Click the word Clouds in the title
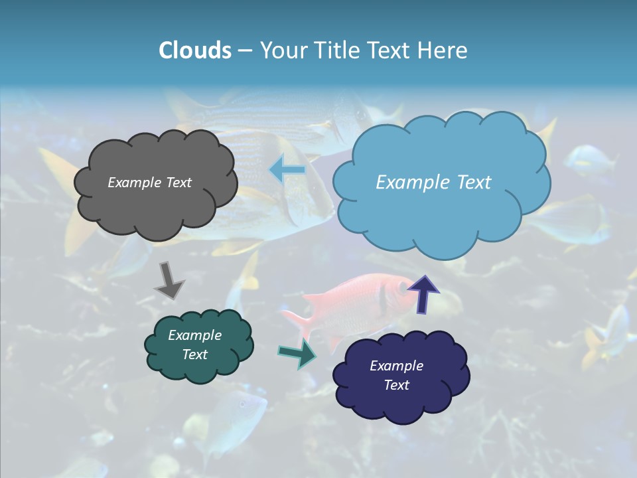(x=194, y=50)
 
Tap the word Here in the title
(x=443, y=50)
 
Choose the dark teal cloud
(x=198, y=345)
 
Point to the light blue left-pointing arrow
(x=287, y=171)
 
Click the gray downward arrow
(x=169, y=279)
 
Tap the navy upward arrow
(x=423, y=293)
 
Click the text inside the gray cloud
(x=149, y=183)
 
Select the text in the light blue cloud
(x=433, y=183)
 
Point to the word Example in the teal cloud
(x=194, y=335)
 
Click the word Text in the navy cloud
(x=396, y=385)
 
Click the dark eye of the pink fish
(x=402, y=285)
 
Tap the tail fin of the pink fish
(x=299, y=322)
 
